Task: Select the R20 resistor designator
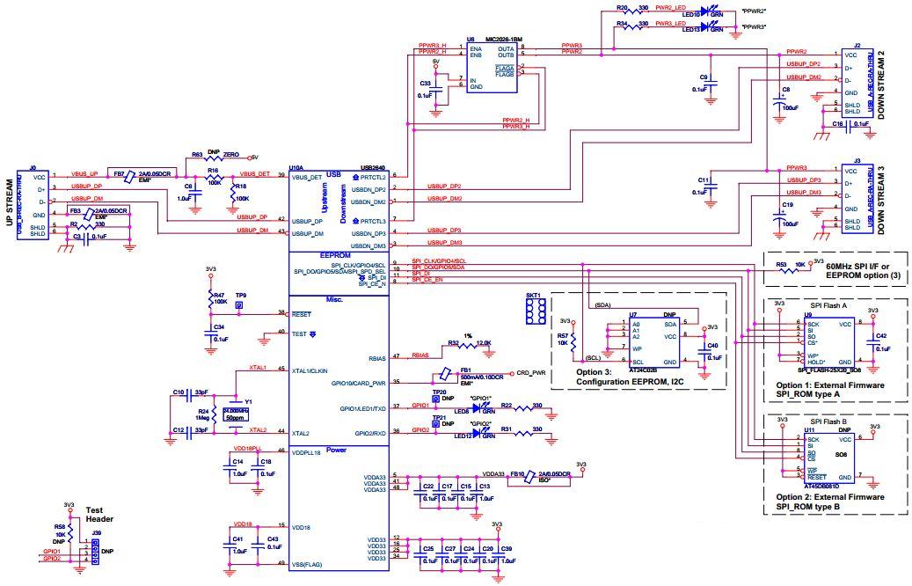click(622, 7)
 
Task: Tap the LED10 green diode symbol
click(704, 11)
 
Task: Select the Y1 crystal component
click(234, 406)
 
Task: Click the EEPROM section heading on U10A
click(338, 254)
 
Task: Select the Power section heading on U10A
click(338, 449)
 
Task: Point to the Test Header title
click(99, 515)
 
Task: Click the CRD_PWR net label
click(531, 373)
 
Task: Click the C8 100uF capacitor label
click(786, 90)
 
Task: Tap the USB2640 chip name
click(373, 167)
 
